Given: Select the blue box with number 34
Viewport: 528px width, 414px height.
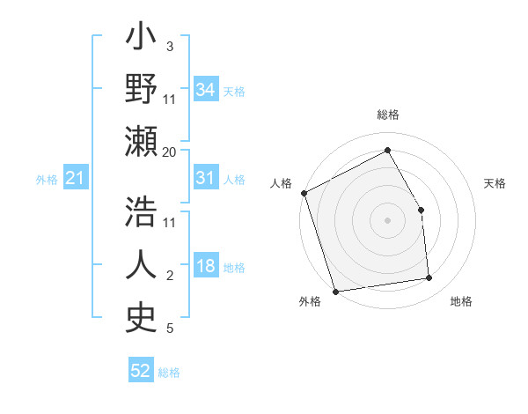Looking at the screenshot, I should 205,89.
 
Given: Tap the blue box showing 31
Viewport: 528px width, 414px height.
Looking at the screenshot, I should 205,178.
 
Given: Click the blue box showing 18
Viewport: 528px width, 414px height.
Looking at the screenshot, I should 205,266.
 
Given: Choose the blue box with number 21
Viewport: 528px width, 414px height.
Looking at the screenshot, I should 75,179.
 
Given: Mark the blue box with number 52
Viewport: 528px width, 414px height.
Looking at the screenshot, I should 140,371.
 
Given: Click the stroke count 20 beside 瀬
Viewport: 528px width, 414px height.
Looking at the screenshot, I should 170,152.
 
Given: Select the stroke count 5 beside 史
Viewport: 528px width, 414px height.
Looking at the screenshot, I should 169,329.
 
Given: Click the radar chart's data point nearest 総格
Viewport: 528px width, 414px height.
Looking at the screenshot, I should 387,149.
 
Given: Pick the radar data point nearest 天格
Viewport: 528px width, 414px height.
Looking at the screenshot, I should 421,210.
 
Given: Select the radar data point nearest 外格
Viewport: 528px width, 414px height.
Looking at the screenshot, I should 335,291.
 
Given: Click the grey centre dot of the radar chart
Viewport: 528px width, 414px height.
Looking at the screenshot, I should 387,220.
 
